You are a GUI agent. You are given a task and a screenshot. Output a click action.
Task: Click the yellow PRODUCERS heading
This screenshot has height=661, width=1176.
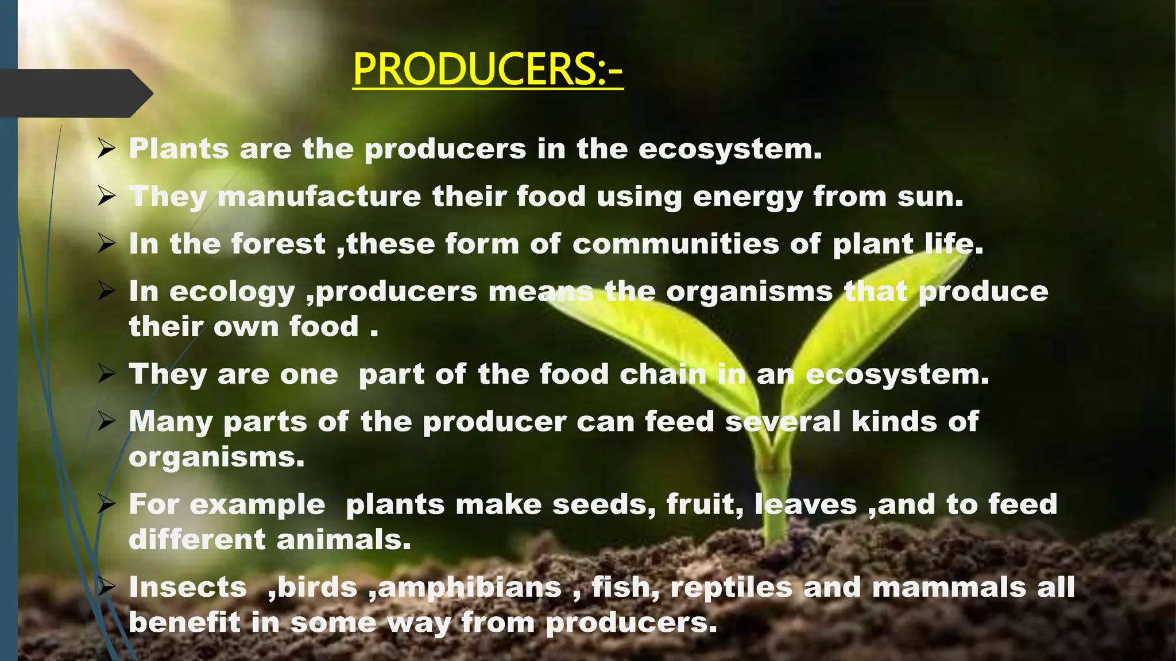[488, 70]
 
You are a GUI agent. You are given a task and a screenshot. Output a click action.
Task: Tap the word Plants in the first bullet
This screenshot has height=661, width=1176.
[179, 149]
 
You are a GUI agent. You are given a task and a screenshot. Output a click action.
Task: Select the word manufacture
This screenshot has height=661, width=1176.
[320, 197]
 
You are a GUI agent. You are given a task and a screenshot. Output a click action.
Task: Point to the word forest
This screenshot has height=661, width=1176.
[278, 244]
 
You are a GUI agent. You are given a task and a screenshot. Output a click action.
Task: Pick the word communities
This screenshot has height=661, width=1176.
[675, 244]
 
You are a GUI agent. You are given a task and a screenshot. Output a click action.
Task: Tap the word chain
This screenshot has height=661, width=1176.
[663, 375]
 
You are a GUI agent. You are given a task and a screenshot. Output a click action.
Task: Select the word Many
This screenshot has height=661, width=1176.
[171, 422]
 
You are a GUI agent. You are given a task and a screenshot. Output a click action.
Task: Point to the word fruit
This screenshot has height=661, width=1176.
[705, 505]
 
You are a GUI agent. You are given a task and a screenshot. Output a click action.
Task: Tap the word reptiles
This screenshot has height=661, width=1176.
[731, 588]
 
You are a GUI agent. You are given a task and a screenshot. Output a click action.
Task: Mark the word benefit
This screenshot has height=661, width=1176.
[184, 623]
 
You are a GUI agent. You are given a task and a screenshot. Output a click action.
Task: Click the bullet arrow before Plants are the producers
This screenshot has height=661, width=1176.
[107, 149]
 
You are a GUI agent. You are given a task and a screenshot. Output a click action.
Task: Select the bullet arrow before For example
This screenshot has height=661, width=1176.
[107, 505]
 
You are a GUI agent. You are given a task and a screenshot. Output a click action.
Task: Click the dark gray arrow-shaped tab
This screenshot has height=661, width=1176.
[75, 94]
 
